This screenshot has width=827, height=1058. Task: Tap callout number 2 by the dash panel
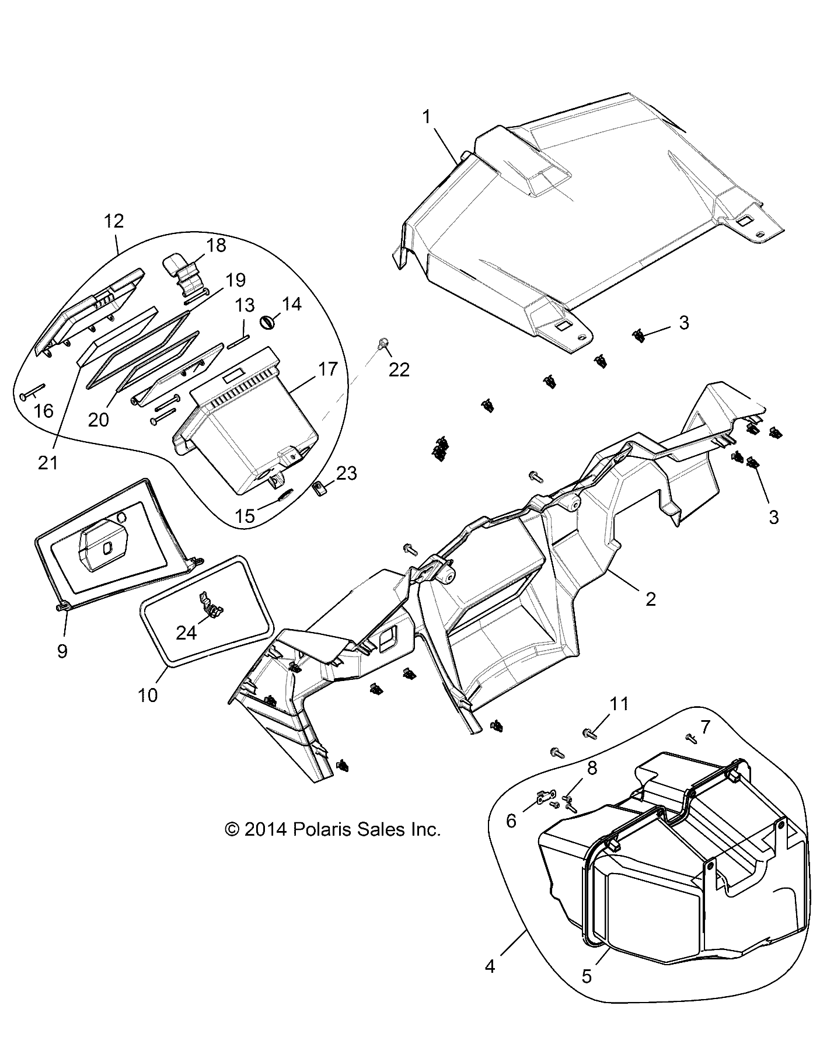[x=651, y=599]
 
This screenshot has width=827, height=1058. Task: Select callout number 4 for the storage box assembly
[x=490, y=966]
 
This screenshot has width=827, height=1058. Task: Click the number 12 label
[x=114, y=221]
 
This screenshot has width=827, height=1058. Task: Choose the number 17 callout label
[x=328, y=369]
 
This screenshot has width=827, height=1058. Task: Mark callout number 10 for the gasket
[x=148, y=695]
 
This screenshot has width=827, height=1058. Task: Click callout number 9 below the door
[x=62, y=651]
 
